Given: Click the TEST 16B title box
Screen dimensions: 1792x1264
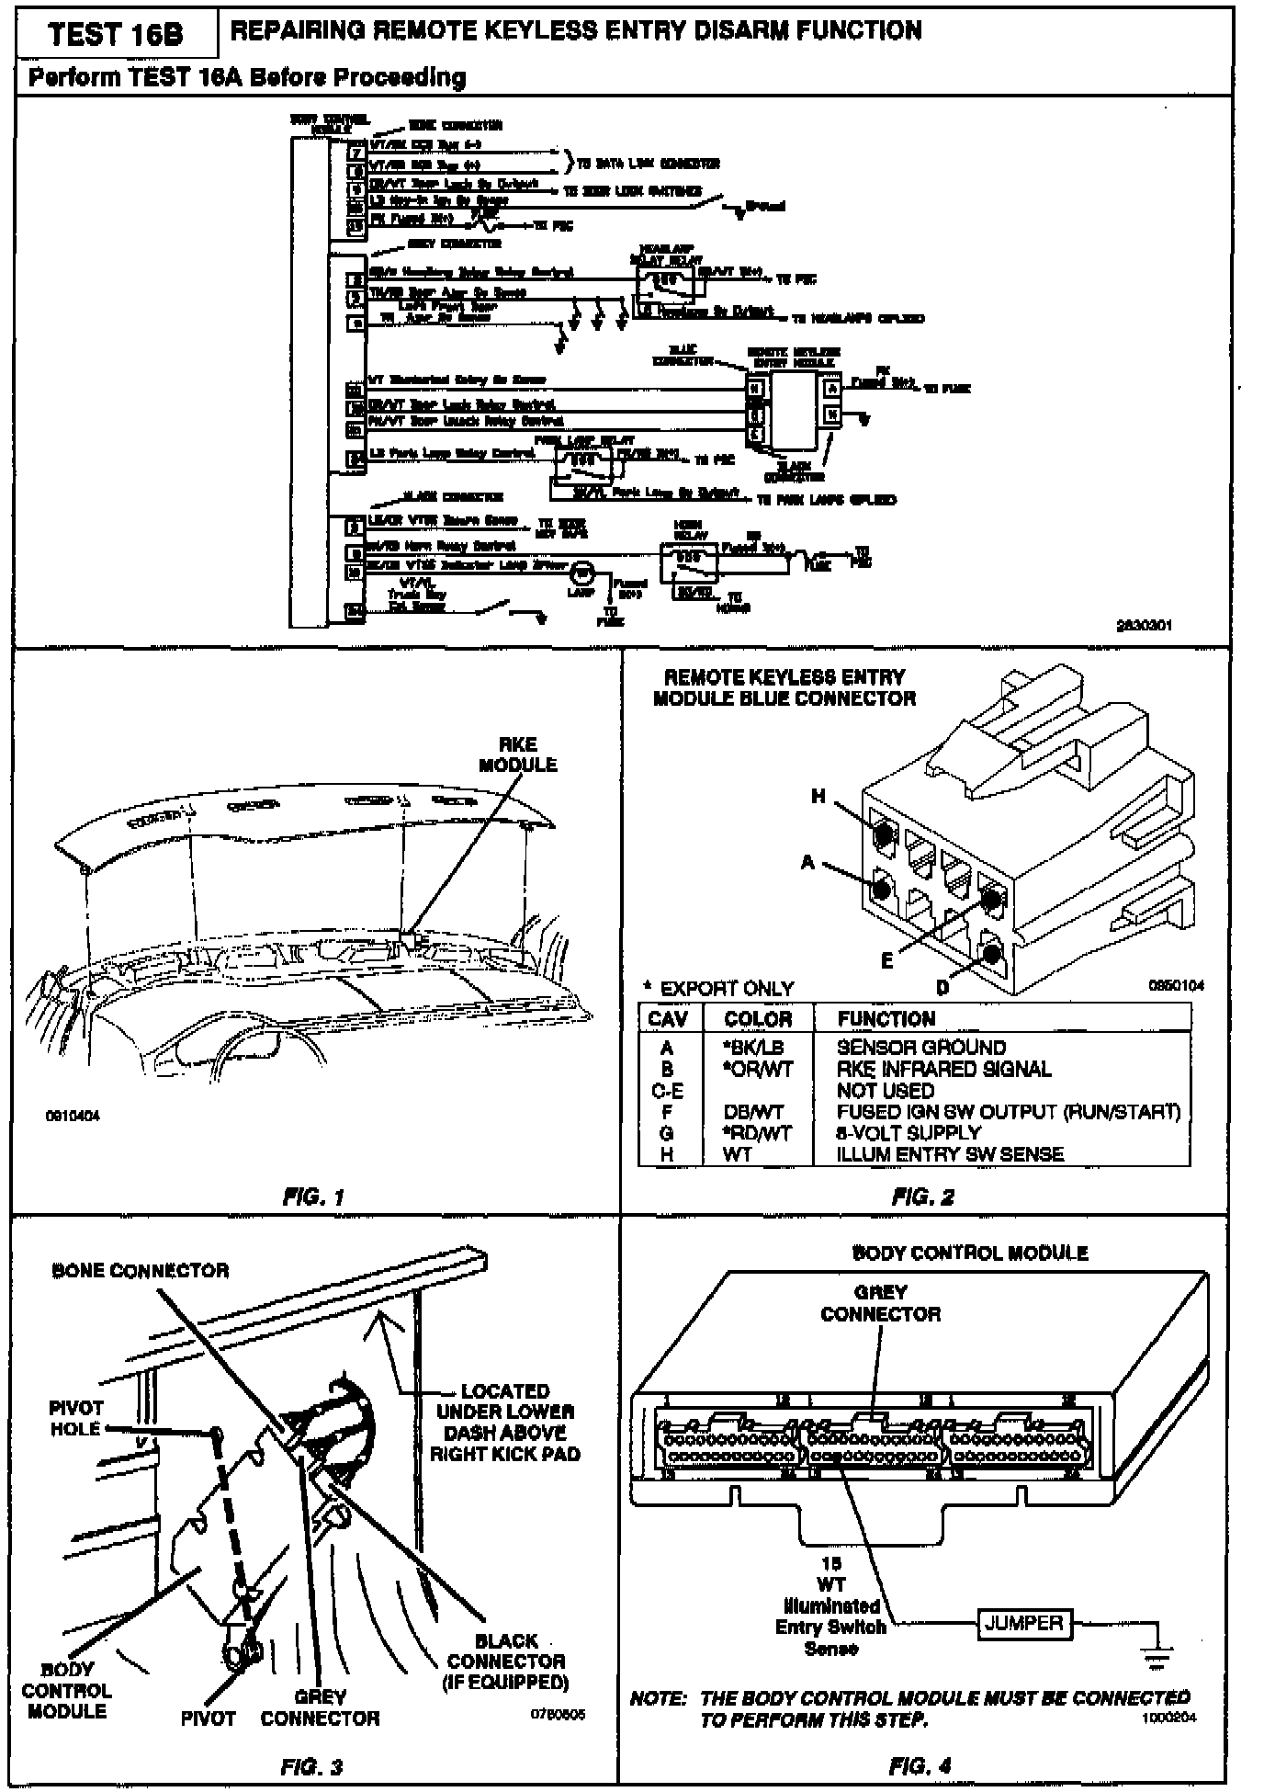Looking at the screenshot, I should coord(115,34).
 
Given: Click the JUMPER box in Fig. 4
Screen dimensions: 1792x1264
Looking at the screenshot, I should coord(1023,1623).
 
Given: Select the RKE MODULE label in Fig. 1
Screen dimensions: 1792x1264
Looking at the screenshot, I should coord(517,754).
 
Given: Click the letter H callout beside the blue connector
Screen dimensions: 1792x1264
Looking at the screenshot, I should coord(818,797).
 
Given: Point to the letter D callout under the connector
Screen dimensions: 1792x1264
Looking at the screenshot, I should coord(942,988).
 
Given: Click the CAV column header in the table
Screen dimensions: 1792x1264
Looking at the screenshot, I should coord(668,1019).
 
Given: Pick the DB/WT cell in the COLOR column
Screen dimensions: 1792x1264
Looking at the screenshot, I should coord(753,1112).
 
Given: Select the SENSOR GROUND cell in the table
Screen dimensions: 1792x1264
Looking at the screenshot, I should coord(920,1048).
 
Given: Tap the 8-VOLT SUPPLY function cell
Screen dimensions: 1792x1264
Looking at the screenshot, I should coord(908,1133).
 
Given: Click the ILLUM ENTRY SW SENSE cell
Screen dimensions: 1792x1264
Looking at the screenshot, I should coord(950,1154).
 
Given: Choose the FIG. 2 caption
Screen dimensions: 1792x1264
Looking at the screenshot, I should coord(923,1197).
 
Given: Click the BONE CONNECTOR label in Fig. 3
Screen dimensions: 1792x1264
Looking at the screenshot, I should coord(141,1271).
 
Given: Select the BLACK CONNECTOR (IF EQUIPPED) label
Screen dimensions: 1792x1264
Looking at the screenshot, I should coord(507,1662).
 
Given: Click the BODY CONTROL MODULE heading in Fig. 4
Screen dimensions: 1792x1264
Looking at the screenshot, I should coord(970,1253).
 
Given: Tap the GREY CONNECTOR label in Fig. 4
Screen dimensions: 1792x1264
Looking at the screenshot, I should coord(880,1303).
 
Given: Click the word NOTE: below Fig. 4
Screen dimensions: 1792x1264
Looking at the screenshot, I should coord(658,1698).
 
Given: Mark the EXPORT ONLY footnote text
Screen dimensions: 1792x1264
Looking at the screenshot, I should coord(727,989).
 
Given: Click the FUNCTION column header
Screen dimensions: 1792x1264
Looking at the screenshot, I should coord(886,1019).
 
